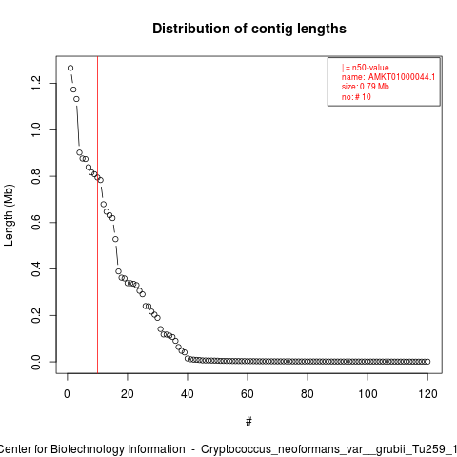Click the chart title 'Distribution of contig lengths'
249,29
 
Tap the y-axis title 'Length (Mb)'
9,215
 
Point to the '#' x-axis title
248,422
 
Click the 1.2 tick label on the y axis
36,83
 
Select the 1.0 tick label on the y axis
36,129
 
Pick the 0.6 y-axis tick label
36,223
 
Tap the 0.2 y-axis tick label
36,315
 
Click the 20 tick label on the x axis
128,394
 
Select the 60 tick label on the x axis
248,394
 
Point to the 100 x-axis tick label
368,394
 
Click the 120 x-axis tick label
427,394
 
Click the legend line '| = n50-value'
366,68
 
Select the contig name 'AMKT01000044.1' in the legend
402,77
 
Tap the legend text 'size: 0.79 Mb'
366,87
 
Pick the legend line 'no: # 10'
356,97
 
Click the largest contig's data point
70,68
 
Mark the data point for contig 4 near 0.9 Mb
79,152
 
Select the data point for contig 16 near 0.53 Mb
115,239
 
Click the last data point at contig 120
427,362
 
